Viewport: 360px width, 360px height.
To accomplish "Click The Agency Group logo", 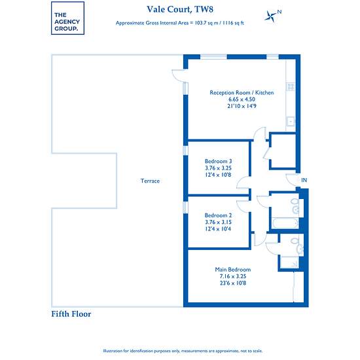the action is (67, 18).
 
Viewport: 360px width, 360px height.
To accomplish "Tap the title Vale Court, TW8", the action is (180, 9).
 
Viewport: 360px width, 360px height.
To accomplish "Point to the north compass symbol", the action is (272, 16).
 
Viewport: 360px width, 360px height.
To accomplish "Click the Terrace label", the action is (150, 181).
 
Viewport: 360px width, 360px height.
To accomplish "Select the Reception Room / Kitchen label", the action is (242, 92).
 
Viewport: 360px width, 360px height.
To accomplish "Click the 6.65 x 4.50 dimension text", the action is (242, 99).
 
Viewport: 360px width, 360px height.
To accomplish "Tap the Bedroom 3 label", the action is (219, 161).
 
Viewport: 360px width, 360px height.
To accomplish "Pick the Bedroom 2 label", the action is (219, 215).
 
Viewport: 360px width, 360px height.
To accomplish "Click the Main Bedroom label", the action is (233, 270).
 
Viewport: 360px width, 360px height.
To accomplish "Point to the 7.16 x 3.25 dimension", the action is (233, 276).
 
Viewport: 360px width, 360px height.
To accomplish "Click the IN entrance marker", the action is (304, 180).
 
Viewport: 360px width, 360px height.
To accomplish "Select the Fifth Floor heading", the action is (71, 314).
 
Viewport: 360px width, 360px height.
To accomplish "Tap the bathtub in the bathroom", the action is (285, 223).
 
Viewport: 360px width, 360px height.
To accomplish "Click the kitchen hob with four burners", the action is (291, 87).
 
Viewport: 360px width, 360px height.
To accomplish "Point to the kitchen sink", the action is (291, 121).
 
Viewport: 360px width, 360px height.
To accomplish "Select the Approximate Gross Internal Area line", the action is (180, 23).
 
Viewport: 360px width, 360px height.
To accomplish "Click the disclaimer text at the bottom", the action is (183, 351).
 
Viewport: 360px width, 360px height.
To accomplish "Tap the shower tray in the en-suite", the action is (290, 262).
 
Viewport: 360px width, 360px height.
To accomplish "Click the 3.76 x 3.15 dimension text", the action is (219, 223).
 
